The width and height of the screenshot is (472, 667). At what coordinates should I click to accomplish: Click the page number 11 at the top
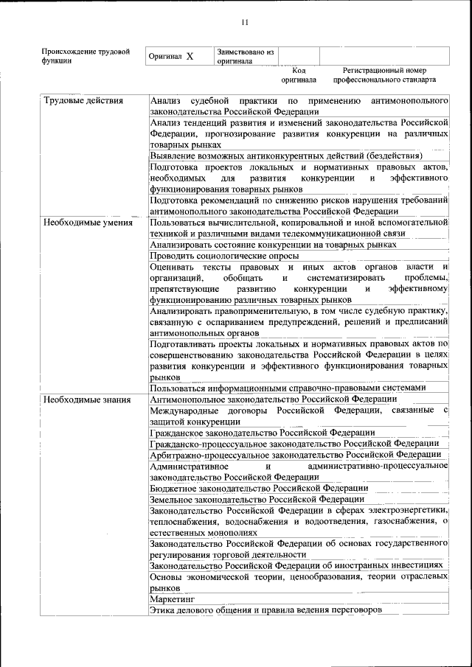(x=244, y=23)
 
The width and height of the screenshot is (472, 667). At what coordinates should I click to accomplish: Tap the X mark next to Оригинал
(x=190, y=57)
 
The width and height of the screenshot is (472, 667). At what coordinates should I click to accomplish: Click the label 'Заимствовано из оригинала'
(x=246, y=57)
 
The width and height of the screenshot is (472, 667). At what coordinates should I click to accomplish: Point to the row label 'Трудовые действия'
(x=83, y=100)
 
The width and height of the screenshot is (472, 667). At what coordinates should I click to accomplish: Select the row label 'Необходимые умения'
(x=88, y=223)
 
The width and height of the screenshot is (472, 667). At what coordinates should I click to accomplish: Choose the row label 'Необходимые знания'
(x=86, y=399)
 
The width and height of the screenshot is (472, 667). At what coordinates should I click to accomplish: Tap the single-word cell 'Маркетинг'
(x=171, y=600)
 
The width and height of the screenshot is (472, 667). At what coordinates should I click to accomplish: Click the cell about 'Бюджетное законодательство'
(x=259, y=488)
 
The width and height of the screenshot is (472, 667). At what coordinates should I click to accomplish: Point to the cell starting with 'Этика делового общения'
(x=266, y=610)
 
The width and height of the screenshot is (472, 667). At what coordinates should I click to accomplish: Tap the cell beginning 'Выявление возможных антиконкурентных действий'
(x=285, y=156)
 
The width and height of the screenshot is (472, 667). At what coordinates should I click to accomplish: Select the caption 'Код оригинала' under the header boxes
(x=299, y=74)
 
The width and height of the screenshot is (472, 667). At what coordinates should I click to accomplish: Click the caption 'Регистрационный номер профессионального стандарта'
(x=383, y=74)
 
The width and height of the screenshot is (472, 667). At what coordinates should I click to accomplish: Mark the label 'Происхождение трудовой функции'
(x=86, y=57)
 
